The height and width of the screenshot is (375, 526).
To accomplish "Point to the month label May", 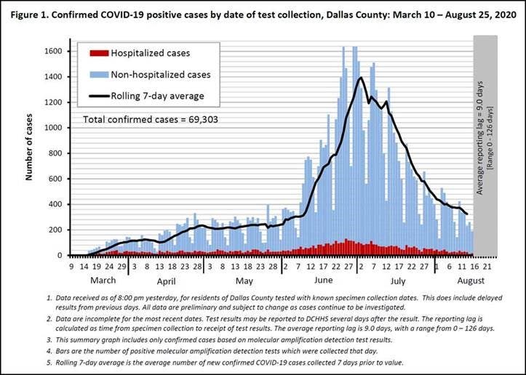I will (x=244, y=281).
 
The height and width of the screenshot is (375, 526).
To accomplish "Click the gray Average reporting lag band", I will (x=485, y=145).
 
